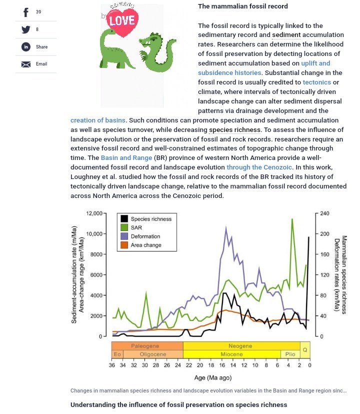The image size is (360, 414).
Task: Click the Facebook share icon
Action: click(x=26, y=12)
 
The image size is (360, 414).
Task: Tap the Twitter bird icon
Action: click(x=26, y=29)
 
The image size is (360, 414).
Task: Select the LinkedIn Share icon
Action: click(x=26, y=47)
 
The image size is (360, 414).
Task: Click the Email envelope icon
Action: click(x=26, y=64)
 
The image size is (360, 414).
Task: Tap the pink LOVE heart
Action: click(x=122, y=20)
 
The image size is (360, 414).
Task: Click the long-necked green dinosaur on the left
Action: click(x=116, y=48)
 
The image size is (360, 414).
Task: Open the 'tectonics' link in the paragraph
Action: click(x=316, y=82)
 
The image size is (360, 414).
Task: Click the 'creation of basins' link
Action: click(x=98, y=120)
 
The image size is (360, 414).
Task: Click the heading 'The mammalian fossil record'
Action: click(x=242, y=6)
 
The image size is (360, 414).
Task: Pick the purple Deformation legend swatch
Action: click(x=124, y=236)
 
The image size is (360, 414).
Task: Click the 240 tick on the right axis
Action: click(x=324, y=213)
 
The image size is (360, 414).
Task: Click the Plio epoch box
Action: click(x=290, y=354)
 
